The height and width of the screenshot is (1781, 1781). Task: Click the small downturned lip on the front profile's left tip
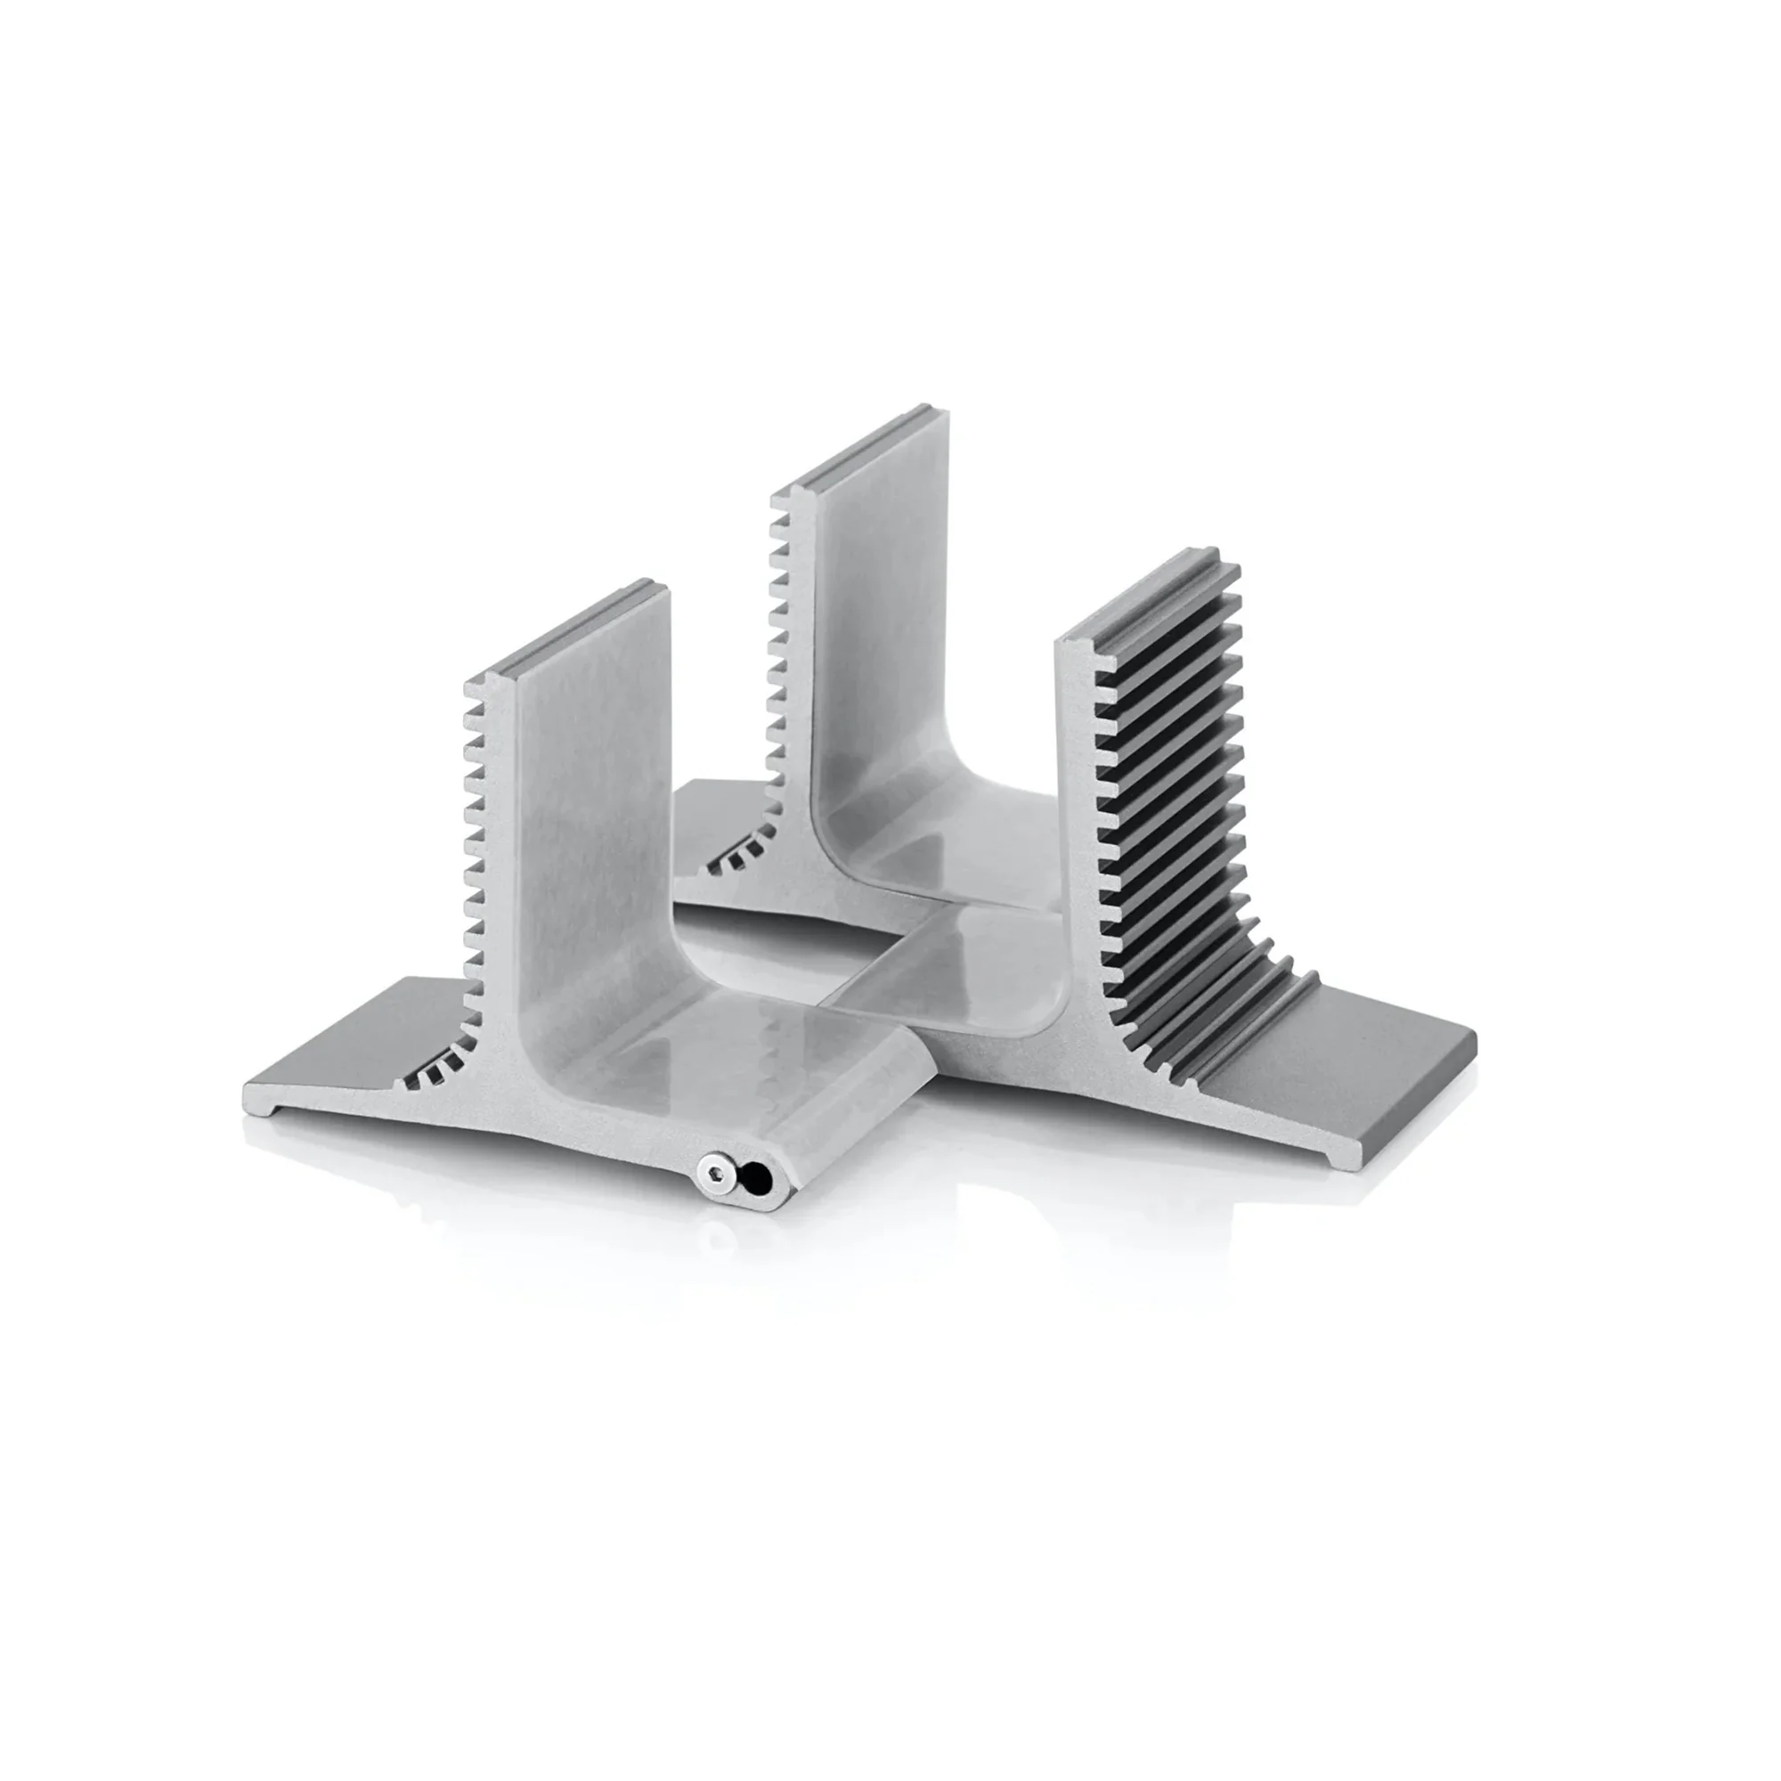256,1110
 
